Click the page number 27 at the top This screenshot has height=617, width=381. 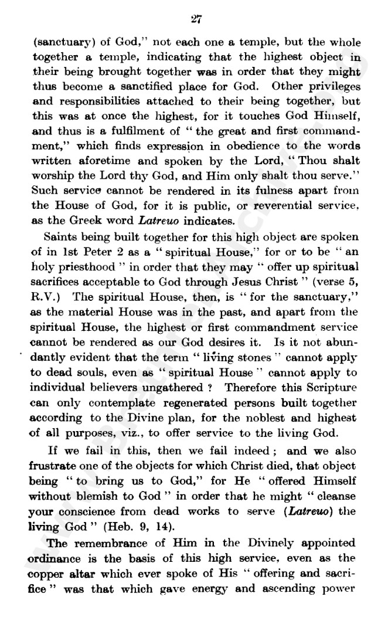point(197,19)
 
